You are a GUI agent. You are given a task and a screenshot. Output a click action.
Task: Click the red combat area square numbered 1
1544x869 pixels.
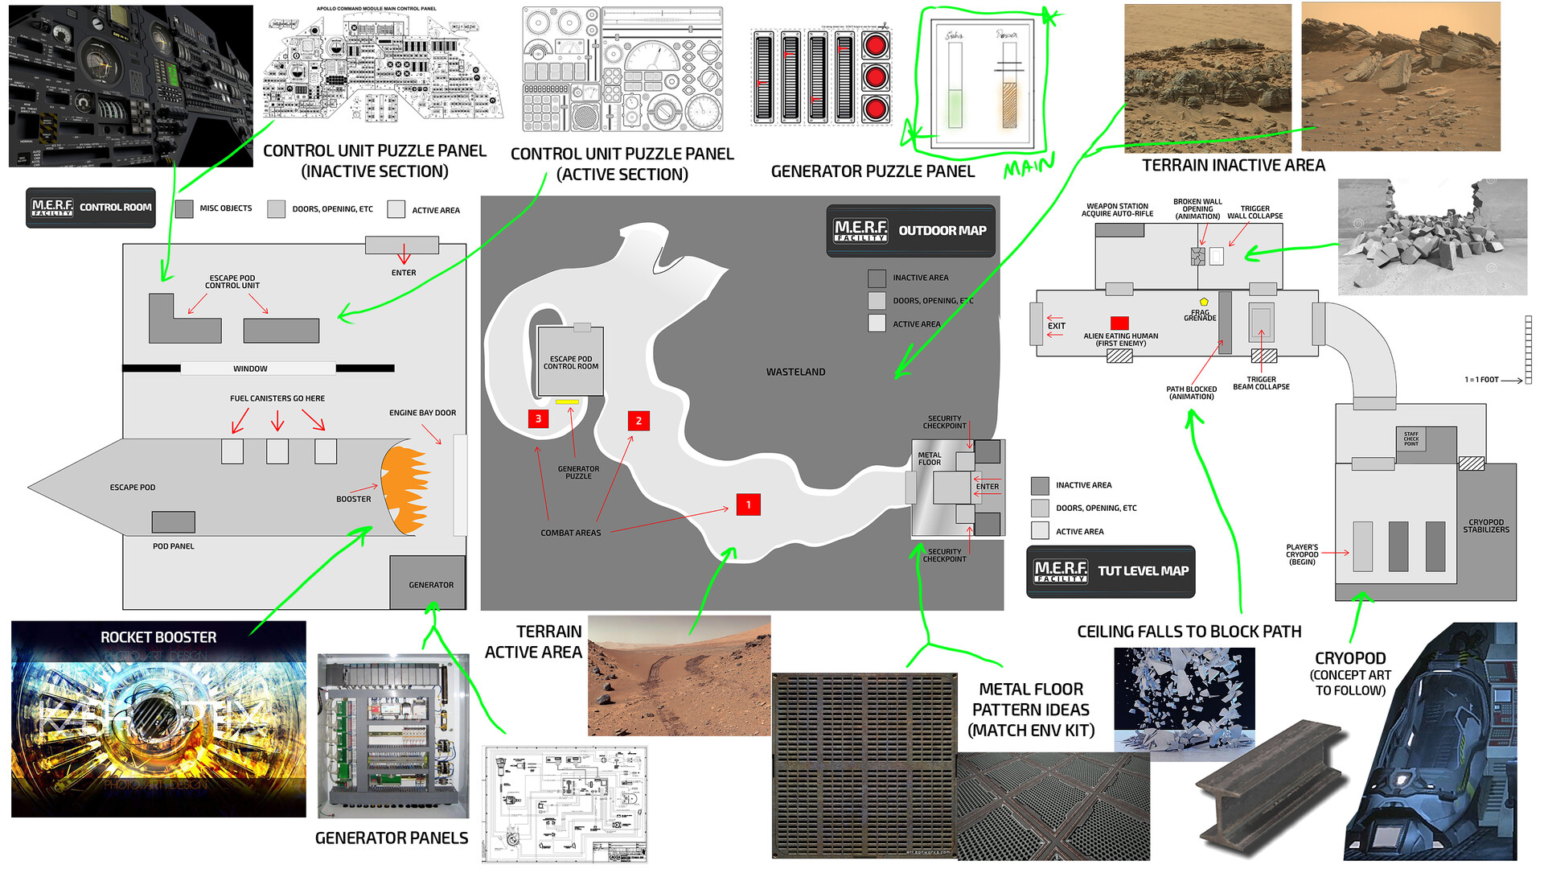point(748,505)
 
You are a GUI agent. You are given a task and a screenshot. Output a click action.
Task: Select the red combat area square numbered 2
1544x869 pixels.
point(639,421)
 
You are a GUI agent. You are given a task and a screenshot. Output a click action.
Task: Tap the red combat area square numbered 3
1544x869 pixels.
point(538,418)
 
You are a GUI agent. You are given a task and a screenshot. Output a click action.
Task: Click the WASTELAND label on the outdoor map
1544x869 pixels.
point(795,372)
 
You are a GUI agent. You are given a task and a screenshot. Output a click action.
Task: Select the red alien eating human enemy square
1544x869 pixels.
point(1119,323)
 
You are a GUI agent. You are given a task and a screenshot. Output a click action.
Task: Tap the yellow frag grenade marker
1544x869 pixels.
point(1204,302)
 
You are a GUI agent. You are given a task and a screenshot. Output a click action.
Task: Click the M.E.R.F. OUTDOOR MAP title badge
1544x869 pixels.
point(910,231)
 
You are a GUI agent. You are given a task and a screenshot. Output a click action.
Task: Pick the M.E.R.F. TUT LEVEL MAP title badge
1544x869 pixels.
point(1111,571)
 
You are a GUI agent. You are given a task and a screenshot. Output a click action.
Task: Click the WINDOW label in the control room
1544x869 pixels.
point(250,369)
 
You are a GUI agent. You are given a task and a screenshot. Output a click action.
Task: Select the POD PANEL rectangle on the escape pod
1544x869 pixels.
point(173,522)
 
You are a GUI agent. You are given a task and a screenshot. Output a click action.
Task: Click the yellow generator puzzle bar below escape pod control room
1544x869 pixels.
point(567,402)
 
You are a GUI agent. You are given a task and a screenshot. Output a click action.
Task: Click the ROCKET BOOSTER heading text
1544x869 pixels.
point(158,637)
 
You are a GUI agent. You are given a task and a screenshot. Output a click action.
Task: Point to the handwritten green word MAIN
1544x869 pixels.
point(1029,167)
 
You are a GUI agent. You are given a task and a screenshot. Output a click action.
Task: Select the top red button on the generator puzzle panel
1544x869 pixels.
point(875,45)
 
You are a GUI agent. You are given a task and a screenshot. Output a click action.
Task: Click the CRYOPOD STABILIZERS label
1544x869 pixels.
point(1485,525)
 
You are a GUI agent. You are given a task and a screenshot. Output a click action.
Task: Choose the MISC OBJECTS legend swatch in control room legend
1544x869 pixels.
point(184,209)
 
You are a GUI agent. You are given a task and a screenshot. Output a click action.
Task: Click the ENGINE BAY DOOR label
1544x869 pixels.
point(422,413)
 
